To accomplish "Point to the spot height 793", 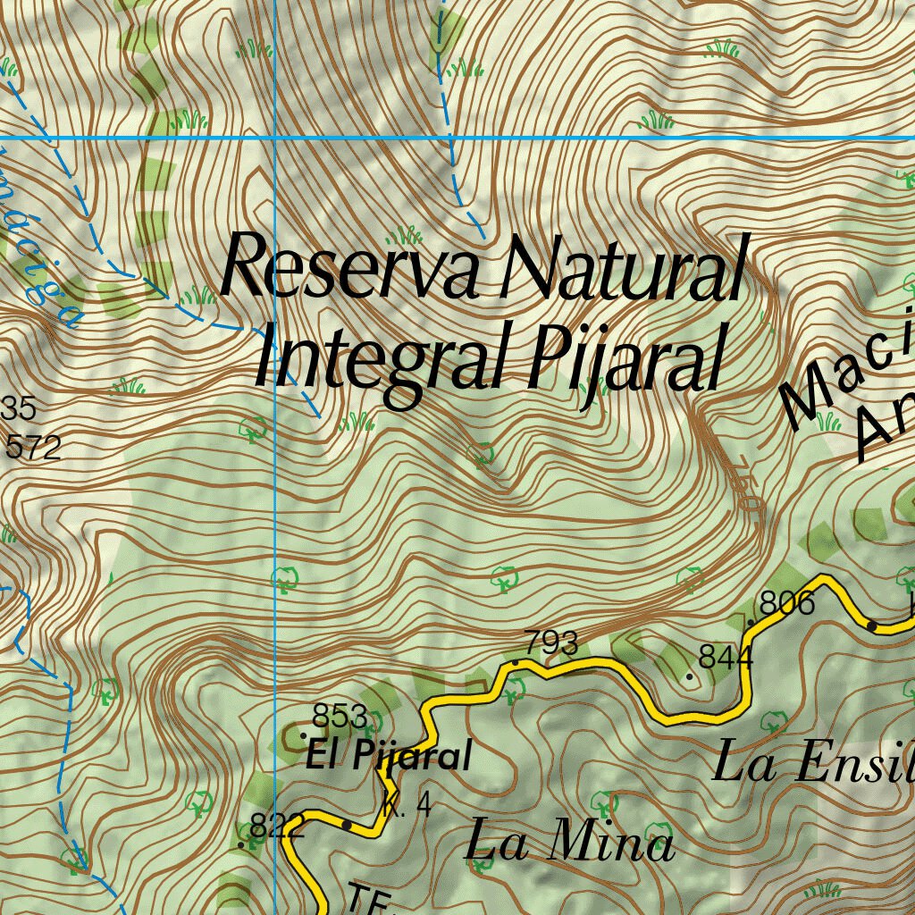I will pyautogui.click(x=551, y=642).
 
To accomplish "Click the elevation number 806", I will pyautogui.click(x=787, y=603).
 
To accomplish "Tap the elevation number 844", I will pyautogui.click(x=726, y=659).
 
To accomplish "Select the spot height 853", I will pyautogui.click(x=340, y=716).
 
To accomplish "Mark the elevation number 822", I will pyautogui.click(x=278, y=827).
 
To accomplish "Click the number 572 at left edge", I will pyautogui.click(x=34, y=447).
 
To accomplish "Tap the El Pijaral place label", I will pyautogui.click(x=388, y=756).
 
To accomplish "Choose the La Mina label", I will pyautogui.click(x=569, y=842).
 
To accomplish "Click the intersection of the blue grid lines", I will pyautogui.click(x=273, y=139).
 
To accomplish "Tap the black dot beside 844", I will pyautogui.click(x=689, y=676).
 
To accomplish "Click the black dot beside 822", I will pyautogui.click(x=241, y=844).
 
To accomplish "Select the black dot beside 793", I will pyautogui.click(x=516, y=661).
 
